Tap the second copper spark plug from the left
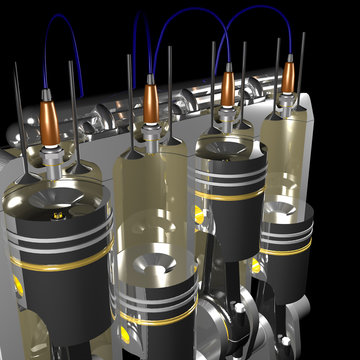[x=150, y=98]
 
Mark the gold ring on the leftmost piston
[x=62, y=265]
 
